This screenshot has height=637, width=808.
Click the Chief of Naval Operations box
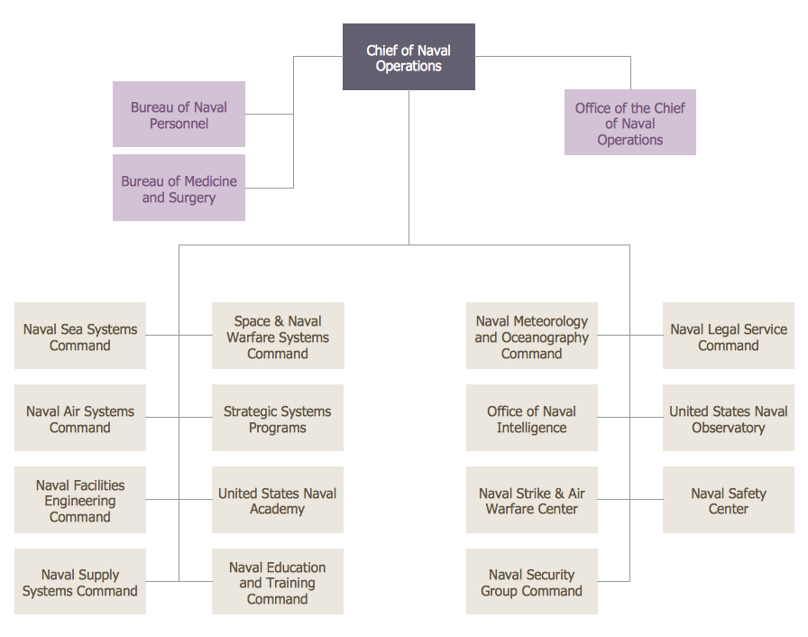(409, 58)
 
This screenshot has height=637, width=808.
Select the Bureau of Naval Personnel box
(179, 115)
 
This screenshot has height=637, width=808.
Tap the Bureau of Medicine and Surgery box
(179, 189)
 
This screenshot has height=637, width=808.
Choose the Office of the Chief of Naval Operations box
(630, 123)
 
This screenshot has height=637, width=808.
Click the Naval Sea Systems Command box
(80, 337)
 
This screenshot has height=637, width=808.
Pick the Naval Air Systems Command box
(80, 419)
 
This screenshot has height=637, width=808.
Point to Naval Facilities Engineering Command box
(80, 501)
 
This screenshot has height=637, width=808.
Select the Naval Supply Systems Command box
(80, 582)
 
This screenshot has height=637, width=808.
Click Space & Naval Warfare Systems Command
(278, 337)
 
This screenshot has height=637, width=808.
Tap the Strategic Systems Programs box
(278, 419)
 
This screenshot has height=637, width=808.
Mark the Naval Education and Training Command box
(278, 582)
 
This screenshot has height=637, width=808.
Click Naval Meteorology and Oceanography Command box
(532, 337)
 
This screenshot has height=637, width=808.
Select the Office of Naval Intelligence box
(532, 419)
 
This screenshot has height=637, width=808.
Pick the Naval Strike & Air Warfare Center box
(532, 501)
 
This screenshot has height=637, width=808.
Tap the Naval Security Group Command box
(532, 582)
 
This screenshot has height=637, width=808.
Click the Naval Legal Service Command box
(729, 337)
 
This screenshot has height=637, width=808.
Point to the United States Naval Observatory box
(729, 419)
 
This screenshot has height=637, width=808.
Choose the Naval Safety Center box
(729, 501)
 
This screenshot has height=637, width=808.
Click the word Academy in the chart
(278, 510)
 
